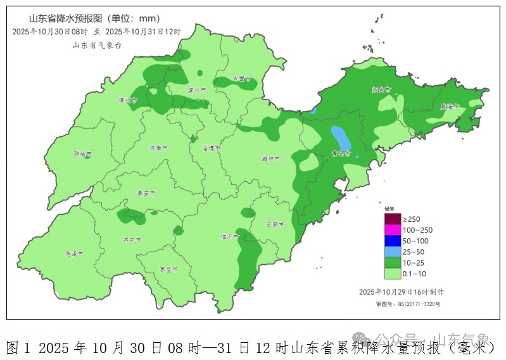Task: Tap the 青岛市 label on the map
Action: [341, 153]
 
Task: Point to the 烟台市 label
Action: [381, 90]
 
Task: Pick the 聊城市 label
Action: [82, 154]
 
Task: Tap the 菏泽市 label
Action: [74, 254]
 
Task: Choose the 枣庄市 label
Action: [168, 269]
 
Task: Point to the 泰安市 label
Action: [146, 193]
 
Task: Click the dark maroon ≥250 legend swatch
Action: [393, 219]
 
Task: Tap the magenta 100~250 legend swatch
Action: [393, 229]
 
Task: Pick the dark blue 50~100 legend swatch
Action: [393, 241]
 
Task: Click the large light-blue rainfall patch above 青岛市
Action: [340, 136]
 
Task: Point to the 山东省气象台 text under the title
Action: [96, 45]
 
